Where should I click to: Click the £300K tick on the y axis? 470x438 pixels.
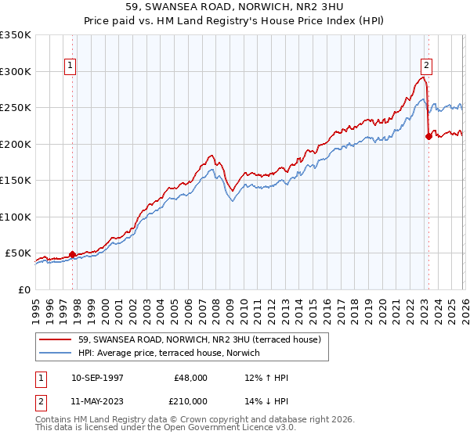coord(15,71)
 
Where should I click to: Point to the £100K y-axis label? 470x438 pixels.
coord(15,217)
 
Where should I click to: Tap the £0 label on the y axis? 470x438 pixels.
coord(23,289)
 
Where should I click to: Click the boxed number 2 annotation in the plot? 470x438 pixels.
coord(427,66)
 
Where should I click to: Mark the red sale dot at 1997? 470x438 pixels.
coord(72,254)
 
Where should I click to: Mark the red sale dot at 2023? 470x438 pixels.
coord(428,137)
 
